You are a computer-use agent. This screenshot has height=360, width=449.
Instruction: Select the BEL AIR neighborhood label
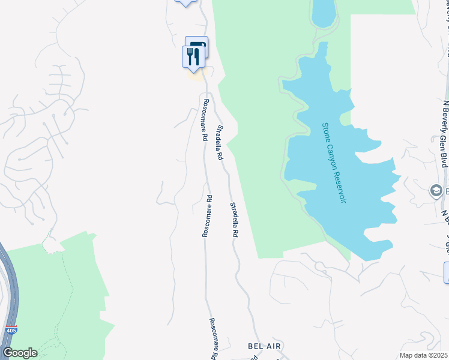click(x=265, y=347)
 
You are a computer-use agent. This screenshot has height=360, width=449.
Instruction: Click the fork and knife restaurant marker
click(x=192, y=56)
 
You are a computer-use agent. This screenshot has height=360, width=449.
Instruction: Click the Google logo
click(x=20, y=353)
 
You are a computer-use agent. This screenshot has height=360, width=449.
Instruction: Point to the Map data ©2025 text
click(x=424, y=355)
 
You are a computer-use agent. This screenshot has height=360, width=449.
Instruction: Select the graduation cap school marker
click(x=436, y=191)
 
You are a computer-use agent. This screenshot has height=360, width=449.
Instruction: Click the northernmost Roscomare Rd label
click(x=205, y=120)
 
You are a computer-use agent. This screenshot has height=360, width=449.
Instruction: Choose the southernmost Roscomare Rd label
click(x=212, y=339)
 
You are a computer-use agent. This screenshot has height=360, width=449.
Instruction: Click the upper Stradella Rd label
click(x=220, y=143)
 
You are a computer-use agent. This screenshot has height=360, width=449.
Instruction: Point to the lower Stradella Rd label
click(x=235, y=220)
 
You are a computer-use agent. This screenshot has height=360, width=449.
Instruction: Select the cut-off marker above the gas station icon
click(x=185, y=2)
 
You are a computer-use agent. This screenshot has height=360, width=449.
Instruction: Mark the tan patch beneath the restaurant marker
click(x=195, y=75)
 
